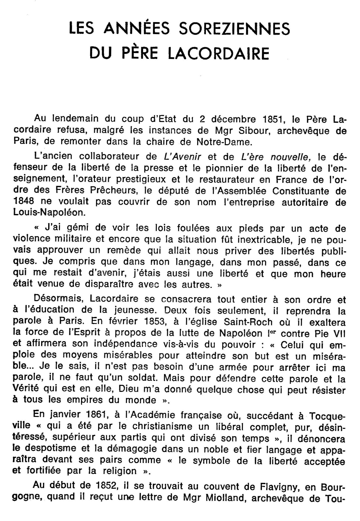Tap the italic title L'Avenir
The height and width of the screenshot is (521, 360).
point(182,156)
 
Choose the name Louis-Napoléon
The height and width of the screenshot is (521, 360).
point(49,213)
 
